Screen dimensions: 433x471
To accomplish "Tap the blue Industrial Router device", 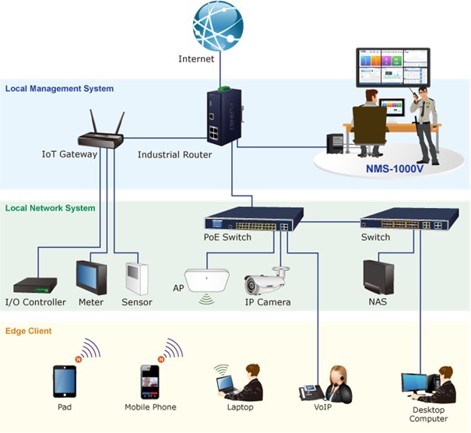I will pyautogui.click(x=223, y=118).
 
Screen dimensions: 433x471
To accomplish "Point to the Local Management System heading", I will pyautogui.click(x=59, y=89).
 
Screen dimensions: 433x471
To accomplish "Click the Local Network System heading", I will pyautogui.click(x=50, y=208).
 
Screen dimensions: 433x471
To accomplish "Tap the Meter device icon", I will pyautogui.click(x=90, y=277).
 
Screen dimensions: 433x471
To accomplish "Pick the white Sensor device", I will pyautogui.click(x=136, y=279).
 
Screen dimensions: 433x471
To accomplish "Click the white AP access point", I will pyautogui.click(x=206, y=280).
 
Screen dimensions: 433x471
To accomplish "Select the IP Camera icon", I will pyautogui.click(x=266, y=282).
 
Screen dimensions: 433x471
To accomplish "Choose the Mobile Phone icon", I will pyautogui.click(x=149, y=381).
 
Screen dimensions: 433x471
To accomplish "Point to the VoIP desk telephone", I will pyautogui.click(x=310, y=393).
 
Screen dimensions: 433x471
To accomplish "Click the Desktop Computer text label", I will pyautogui.click(x=428, y=414).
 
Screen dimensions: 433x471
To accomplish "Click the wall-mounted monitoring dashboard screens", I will pyautogui.click(x=392, y=67).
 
